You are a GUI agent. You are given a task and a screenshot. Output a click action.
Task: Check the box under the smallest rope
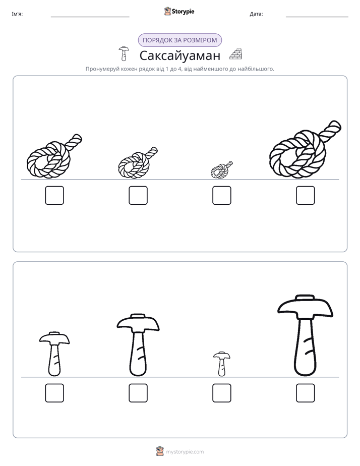(221, 195)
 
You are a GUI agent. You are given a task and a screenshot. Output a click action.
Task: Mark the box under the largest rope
(306, 195)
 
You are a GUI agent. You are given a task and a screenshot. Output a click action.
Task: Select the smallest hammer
(221, 364)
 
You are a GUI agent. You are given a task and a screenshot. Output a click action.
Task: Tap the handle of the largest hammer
(306, 347)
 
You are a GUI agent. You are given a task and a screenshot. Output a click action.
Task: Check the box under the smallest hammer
(221, 393)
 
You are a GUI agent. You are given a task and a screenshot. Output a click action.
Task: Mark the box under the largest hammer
(306, 393)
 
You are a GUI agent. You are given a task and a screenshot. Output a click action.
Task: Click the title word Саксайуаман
(180, 55)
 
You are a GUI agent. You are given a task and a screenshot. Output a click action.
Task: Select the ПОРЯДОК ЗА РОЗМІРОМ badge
(180, 40)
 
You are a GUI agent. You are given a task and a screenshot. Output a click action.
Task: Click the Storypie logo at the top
(179, 12)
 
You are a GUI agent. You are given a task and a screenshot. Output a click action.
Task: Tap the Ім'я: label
(17, 14)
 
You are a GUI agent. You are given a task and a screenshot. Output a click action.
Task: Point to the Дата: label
(256, 14)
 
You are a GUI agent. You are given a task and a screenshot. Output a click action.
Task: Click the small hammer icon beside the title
(124, 54)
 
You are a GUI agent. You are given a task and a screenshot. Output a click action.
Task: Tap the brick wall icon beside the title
(235, 54)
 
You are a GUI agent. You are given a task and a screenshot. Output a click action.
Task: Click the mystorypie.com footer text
(185, 452)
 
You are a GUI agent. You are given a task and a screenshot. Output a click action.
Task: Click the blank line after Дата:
(317, 17)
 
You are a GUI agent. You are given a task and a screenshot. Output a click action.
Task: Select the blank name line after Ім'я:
(90, 17)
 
